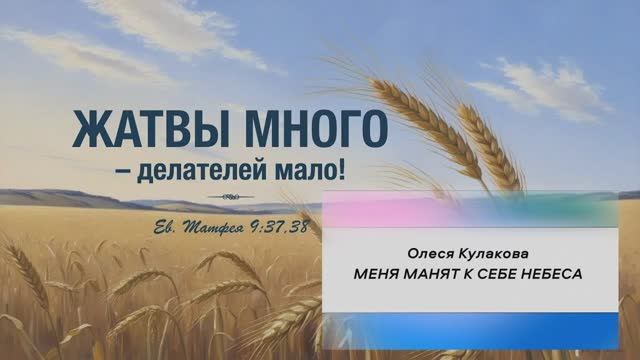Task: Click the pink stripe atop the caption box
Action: pyautogui.click(x=400, y=210)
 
